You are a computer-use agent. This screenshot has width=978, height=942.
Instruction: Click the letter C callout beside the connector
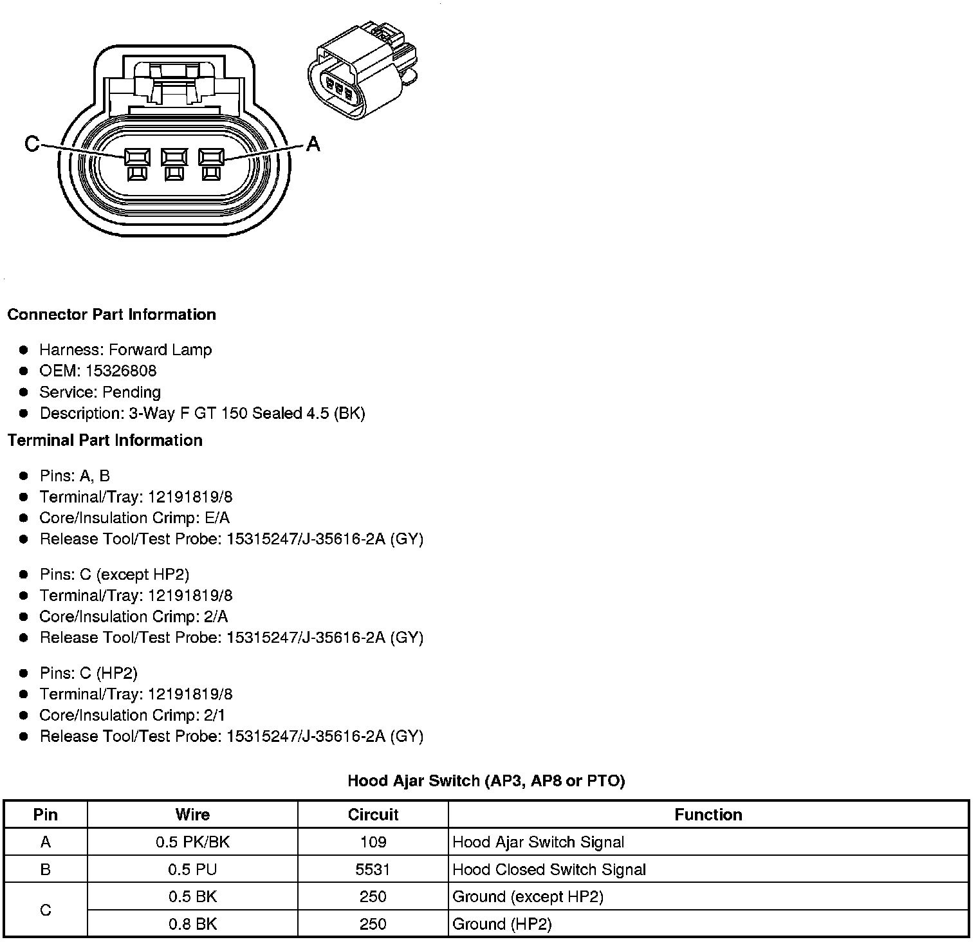pyautogui.click(x=32, y=143)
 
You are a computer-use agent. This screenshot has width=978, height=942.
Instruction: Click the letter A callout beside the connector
pyautogui.click(x=313, y=143)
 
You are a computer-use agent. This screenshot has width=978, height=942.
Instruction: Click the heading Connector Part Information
pyautogui.click(x=111, y=315)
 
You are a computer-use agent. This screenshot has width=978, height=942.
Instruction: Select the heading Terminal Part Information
pyautogui.click(x=105, y=441)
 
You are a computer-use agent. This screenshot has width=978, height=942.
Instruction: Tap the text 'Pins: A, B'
pyautogui.click(x=75, y=476)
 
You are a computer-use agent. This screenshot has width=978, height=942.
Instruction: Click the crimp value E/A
pyautogui.click(x=216, y=519)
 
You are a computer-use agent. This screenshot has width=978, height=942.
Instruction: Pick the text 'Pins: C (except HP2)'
pyautogui.click(x=114, y=575)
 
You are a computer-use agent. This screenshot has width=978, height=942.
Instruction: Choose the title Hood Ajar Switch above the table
pyautogui.click(x=486, y=781)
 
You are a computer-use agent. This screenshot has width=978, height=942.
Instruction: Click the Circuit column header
pyautogui.click(x=373, y=815)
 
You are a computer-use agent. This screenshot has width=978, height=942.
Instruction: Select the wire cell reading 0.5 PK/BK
pyautogui.click(x=192, y=842)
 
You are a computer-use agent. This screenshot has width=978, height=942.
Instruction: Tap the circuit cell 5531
pyautogui.click(x=373, y=870)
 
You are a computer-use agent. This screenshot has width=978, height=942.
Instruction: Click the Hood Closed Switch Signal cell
pyautogui.click(x=549, y=870)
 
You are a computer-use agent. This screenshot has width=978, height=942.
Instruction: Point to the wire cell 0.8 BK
pyautogui.click(x=192, y=925)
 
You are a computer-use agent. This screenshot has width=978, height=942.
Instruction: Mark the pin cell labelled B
pyautogui.click(x=45, y=870)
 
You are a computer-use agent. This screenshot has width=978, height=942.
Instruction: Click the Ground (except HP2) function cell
pyautogui.click(x=528, y=897)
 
